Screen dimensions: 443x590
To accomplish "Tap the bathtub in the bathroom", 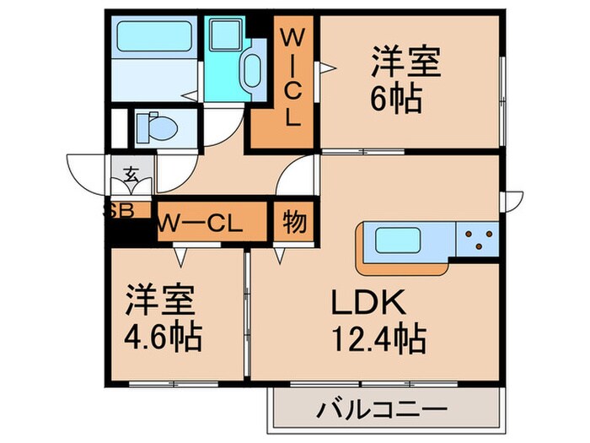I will click(x=153, y=37).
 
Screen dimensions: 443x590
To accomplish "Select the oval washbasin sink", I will click(x=253, y=71).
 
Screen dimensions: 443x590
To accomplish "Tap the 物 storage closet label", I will click(x=293, y=223).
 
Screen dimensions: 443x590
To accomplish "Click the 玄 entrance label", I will click(x=132, y=176).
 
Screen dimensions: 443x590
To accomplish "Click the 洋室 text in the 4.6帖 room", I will click(x=162, y=300).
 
